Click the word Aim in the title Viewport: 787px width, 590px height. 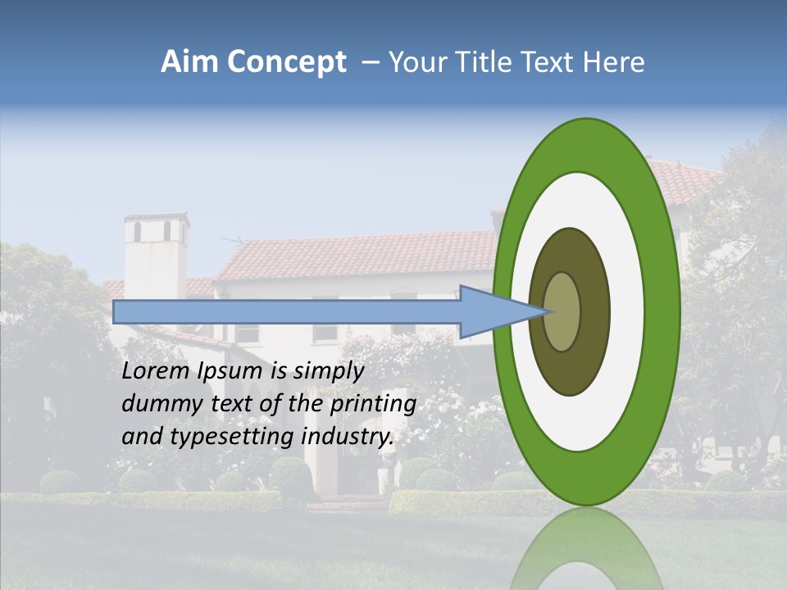click(x=190, y=63)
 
